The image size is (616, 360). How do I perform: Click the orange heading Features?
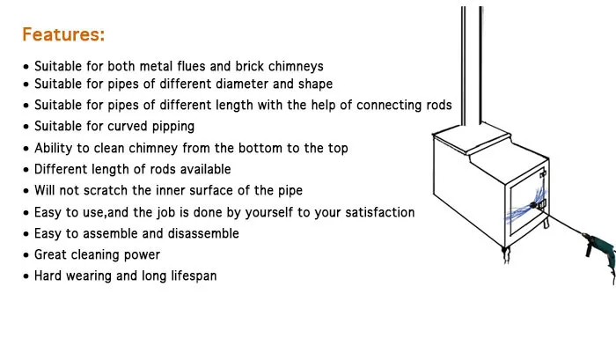pos(63,35)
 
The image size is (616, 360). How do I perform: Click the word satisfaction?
pos(373,212)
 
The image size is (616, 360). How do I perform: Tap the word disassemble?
pos(194,233)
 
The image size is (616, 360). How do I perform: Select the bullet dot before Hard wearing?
pos(26,276)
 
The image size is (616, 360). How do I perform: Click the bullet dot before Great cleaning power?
pos(26,255)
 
